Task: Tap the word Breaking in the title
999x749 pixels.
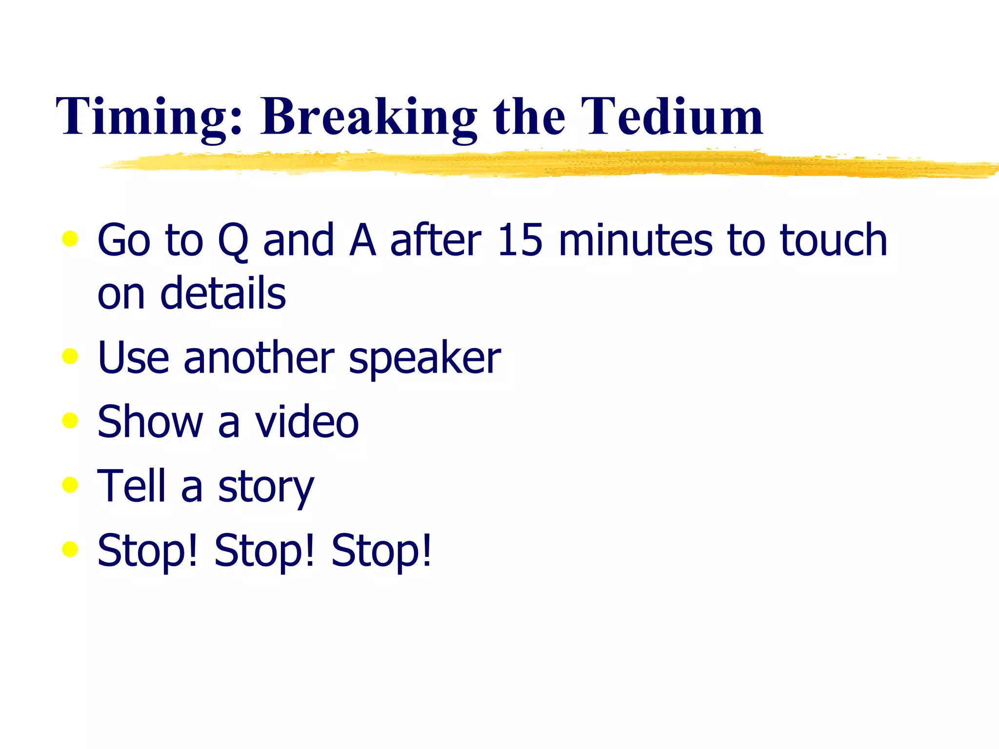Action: (368, 117)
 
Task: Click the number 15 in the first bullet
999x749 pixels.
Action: (519, 240)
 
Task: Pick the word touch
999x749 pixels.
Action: (833, 240)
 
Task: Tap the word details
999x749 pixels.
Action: (223, 294)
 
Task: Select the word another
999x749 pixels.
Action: (259, 358)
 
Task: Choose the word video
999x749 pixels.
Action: (307, 422)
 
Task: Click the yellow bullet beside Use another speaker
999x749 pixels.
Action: (70, 356)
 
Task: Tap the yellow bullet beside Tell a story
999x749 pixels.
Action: (70, 485)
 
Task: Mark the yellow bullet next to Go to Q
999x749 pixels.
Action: (70, 238)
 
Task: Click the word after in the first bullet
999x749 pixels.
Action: (436, 240)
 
